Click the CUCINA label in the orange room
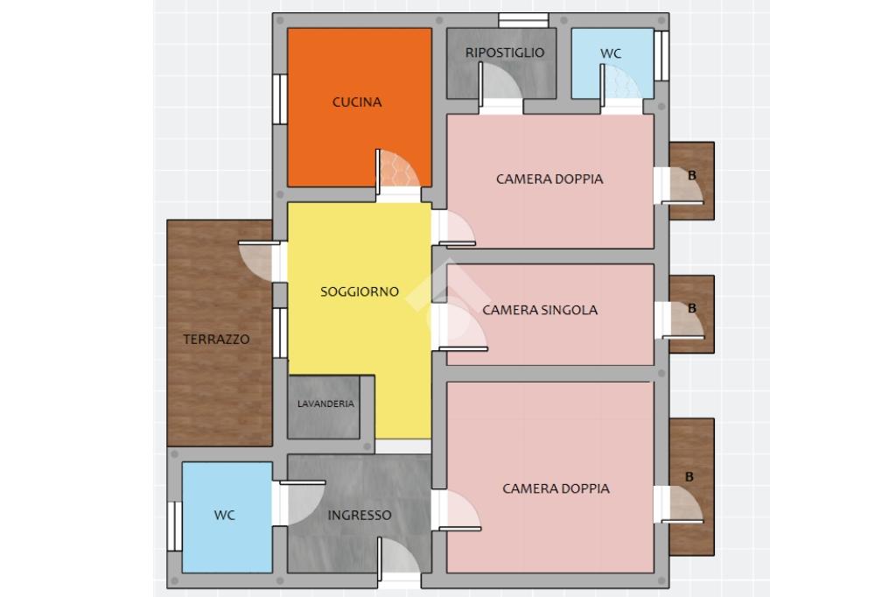pos(357,102)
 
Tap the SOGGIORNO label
pos(360,291)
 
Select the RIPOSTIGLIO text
pos(505,53)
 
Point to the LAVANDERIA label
pos(325,404)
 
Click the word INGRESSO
pos(360,516)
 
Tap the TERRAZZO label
pos(217,339)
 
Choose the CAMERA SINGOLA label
pos(540,310)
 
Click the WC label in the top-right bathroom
pos(611,53)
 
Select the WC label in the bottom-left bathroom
pos(225,516)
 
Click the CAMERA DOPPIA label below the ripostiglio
pos(549,179)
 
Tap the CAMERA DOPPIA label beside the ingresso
pos(556,488)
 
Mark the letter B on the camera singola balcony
pos(692,308)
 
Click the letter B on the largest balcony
pos(689,477)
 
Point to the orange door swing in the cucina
pos(398,169)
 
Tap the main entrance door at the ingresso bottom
pos(399,557)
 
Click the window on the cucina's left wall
pos(279,99)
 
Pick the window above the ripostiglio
pos(523,21)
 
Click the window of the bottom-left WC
pos(174,526)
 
